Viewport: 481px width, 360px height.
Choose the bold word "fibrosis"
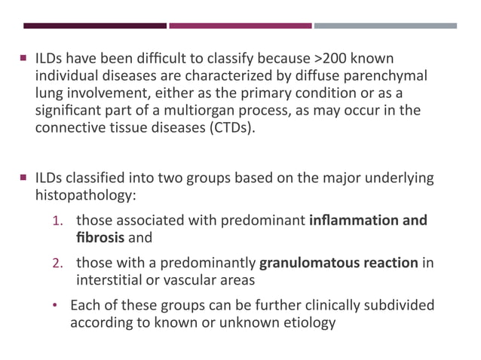pos(99,237)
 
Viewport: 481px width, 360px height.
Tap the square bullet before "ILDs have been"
pos(25,59)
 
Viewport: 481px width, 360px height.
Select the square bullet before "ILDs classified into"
pos(25,178)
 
